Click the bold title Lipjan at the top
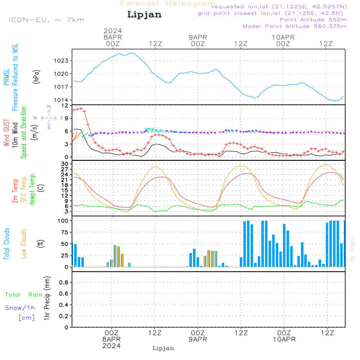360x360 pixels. point(144,15)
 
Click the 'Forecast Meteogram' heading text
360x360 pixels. point(168,4)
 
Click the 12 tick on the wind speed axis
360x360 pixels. point(65,105)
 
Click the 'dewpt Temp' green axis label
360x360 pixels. point(32,189)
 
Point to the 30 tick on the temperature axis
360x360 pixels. point(65,164)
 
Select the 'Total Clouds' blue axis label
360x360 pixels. point(6,244)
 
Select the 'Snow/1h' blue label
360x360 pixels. point(20,308)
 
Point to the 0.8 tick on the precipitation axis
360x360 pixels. point(64,282)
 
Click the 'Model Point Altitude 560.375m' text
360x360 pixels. point(295,26)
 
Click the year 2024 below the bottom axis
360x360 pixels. point(112,346)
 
